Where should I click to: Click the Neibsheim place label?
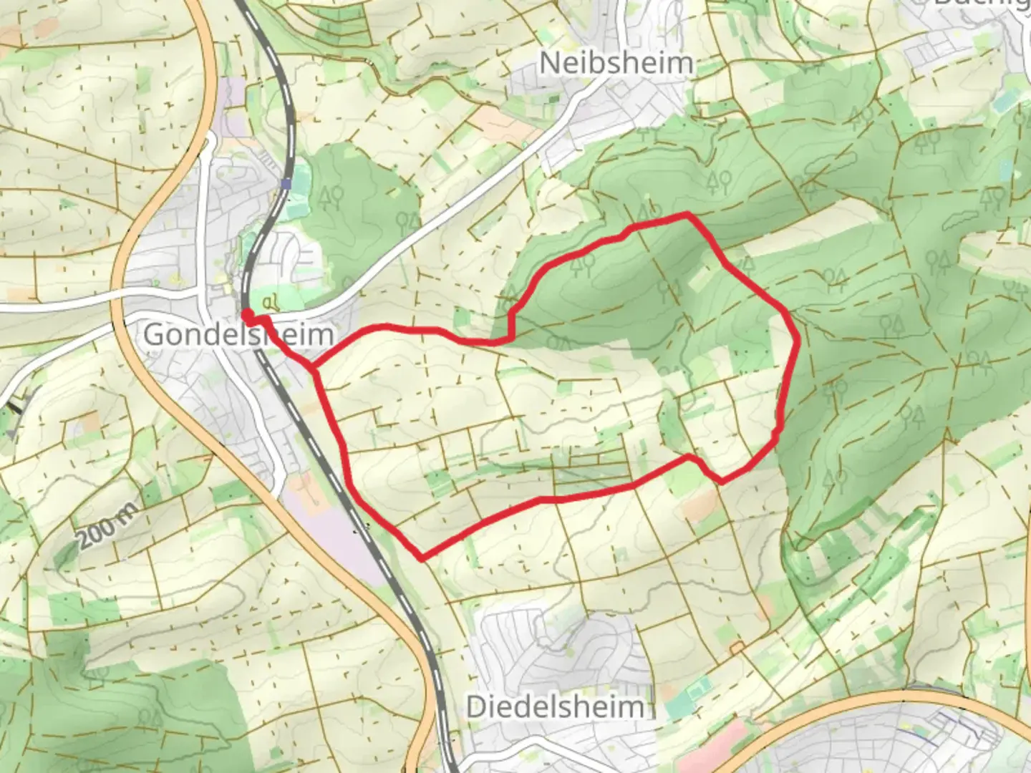click(616, 62)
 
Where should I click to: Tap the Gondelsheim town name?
click(238, 334)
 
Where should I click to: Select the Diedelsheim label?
click(555, 707)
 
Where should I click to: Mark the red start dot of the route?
click(246, 315)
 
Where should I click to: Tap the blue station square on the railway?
click(286, 184)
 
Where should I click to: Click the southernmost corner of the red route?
click(421, 558)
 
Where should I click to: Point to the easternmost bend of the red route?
click(797, 344)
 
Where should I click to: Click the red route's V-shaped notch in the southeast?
click(721, 481)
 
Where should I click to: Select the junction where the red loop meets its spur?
click(314, 369)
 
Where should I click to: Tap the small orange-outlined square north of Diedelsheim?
click(737, 647)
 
